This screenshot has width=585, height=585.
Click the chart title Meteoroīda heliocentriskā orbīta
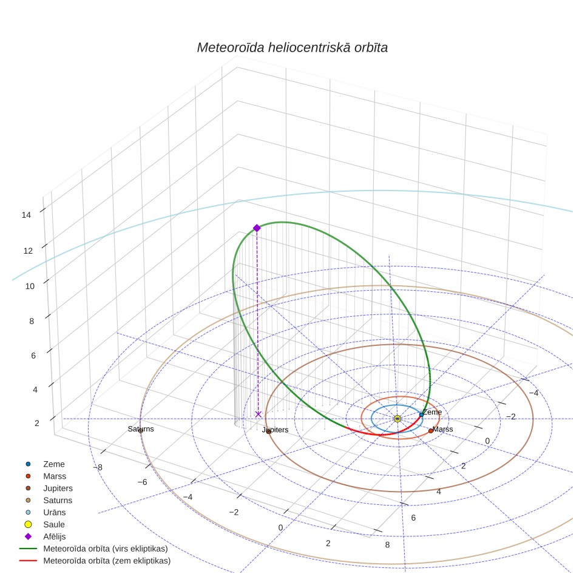pyautogui.click(x=292, y=48)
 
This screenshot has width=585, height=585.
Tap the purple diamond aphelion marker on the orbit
pyautogui.click(x=257, y=228)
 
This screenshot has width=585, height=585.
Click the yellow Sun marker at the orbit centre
pyautogui.click(x=397, y=419)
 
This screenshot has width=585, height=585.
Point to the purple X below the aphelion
pyautogui.click(x=258, y=414)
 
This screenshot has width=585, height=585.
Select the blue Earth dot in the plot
pyautogui.click(x=421, y=415)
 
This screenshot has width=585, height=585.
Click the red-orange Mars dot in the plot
pyautogui.click(x=430, y=431)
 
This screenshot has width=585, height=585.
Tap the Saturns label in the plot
pyautogui.click(x=141, y=429)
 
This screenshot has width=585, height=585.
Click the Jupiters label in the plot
pyautogui.click(x=276, y=430)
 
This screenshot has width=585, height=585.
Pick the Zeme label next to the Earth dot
pyautogui.click(x=433, y=412)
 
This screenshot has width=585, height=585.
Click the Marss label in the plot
pyautogui.click(x=443, y=429)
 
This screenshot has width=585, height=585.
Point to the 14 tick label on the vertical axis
pyautogui.click(x=26, y=215)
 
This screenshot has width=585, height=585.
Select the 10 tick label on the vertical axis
pyautogui.click(x=30, y=286)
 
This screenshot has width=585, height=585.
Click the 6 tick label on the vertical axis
pyautogui.click(x=33, y=356)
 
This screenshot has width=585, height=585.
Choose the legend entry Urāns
pyautogui.click(x=55, y=512)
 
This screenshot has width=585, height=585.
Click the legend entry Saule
pyautogui.click(x=54, y=524)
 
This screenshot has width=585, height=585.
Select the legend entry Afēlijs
pyautogui.click(x=55, y=536)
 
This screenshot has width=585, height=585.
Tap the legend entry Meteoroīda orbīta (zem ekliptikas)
pyautogui.click(x=107, y=561)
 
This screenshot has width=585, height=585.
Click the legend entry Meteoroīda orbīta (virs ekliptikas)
pyautogui.click(x=106, y=549)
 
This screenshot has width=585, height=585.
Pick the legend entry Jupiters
pyautogui.click(x=58, y=489)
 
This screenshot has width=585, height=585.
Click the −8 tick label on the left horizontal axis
pyautogui.click(x=98, y=467)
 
